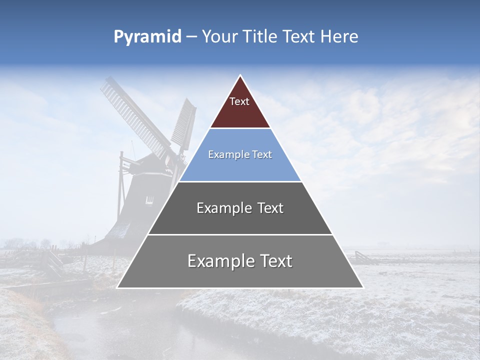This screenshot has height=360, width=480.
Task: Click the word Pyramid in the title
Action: (147, 37)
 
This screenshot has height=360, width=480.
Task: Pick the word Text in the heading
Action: (299, 37)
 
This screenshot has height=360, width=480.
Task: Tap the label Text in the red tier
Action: (239, 101)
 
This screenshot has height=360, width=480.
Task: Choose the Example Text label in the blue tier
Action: (240, 154)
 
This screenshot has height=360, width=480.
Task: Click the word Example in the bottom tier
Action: (218, 261)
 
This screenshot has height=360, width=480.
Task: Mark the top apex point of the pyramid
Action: (240, 75)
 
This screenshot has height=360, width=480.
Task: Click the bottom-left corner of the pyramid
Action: (117, 287)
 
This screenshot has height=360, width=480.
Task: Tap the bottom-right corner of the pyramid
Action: (362, 287)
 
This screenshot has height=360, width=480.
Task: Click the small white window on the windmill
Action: (149, 199)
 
